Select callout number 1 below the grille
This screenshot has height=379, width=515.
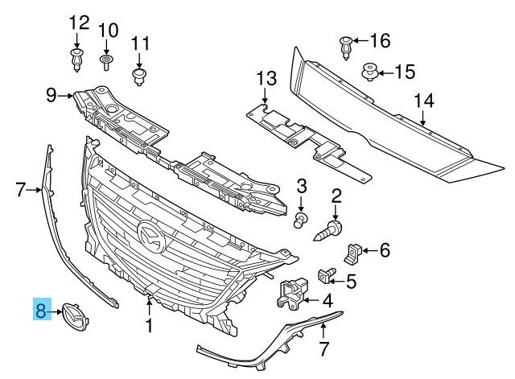click(x=148, y=326)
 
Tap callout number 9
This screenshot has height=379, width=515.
click(x=51, y=97)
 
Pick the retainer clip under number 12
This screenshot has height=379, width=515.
click(x=77, y=58)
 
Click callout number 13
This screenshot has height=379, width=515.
click(x=266, y=78)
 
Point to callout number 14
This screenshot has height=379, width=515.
click(x=423, y=101)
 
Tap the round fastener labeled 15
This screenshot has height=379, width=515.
click(x=371, y=72)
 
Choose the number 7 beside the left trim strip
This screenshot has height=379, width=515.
click(x=21, y=190)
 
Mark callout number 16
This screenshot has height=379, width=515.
click(x=379, y=39)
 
